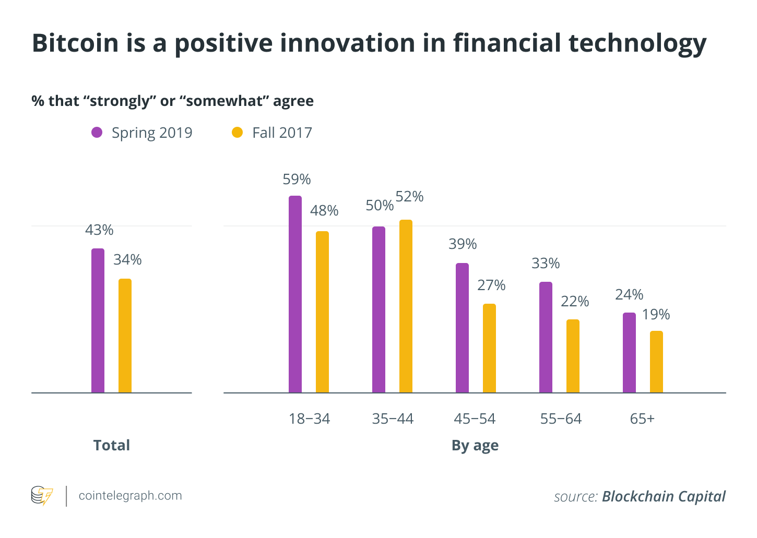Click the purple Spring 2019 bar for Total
click(x=98, y=320)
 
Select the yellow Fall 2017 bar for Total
click(x=125, y=336)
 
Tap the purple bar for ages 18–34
click(x=295, y=294)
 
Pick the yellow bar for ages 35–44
click(x=406, y=306)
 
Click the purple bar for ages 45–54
click(x=462, y=328)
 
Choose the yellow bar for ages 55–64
click(x=573, y=356)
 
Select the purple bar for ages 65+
click(x=629, y=353)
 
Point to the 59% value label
click(x=297, y=180)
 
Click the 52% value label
click(x=409, y=197)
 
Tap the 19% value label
click(x=656, y=315)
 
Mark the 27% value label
click(x=491, y=285)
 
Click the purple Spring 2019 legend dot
click(x=97, y=133)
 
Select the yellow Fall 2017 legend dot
click(x=237, y=133)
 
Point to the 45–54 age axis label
click(x=475, y=419)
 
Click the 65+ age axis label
click(x=642, y=419)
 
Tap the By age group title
click(x=475, y=446)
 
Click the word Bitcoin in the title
click(x=75, y=43)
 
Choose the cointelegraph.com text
click(x=130, y=496)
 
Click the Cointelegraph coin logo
click(x=42, y=496)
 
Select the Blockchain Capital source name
click(x=664, y=496)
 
